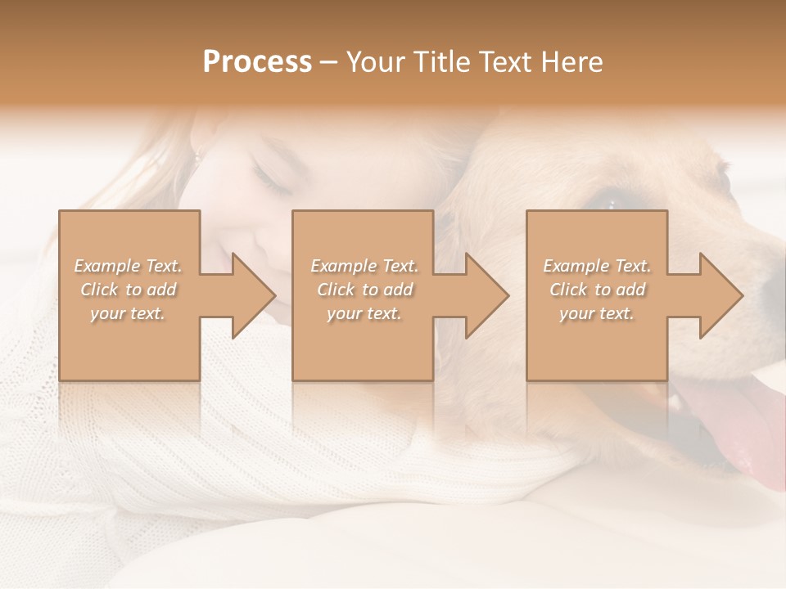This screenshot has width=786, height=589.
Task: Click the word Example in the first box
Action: pos(106,266)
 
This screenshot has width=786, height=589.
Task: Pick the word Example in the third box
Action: pos(576,266)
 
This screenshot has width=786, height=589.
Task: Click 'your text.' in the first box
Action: pos(128,313)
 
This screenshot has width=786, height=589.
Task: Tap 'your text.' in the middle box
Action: pos(364,313)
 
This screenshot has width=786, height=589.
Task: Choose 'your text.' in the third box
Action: pos(597,313)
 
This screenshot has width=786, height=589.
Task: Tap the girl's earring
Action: pos(196,154)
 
